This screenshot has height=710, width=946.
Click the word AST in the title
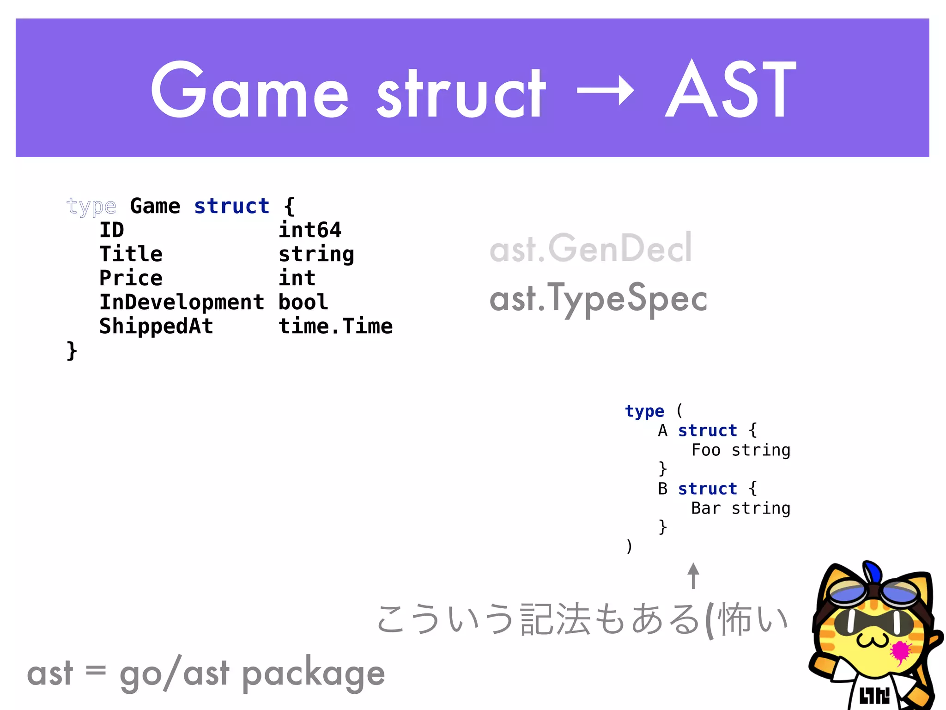pos(731,90)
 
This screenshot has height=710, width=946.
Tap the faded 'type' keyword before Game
pos(91,206)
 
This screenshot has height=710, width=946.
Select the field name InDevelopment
pos(182,302)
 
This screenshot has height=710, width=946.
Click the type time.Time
pos(335,326)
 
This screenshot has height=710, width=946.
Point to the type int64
pos(310,230)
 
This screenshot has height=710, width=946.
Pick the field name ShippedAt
pos(156,326)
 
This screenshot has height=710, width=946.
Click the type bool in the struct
pos(303,302)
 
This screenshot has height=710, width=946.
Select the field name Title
pos(131,254)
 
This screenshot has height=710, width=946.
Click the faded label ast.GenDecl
pos(591,248)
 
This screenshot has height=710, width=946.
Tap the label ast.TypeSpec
pos(598,299)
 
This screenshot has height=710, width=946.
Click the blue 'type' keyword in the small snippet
pos(644,411)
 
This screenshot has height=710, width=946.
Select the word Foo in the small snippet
pos(706,450)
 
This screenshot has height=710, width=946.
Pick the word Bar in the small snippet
pos(706,508)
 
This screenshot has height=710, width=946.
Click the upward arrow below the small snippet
pos(693,575)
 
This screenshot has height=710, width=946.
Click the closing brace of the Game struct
pos(72,350)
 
